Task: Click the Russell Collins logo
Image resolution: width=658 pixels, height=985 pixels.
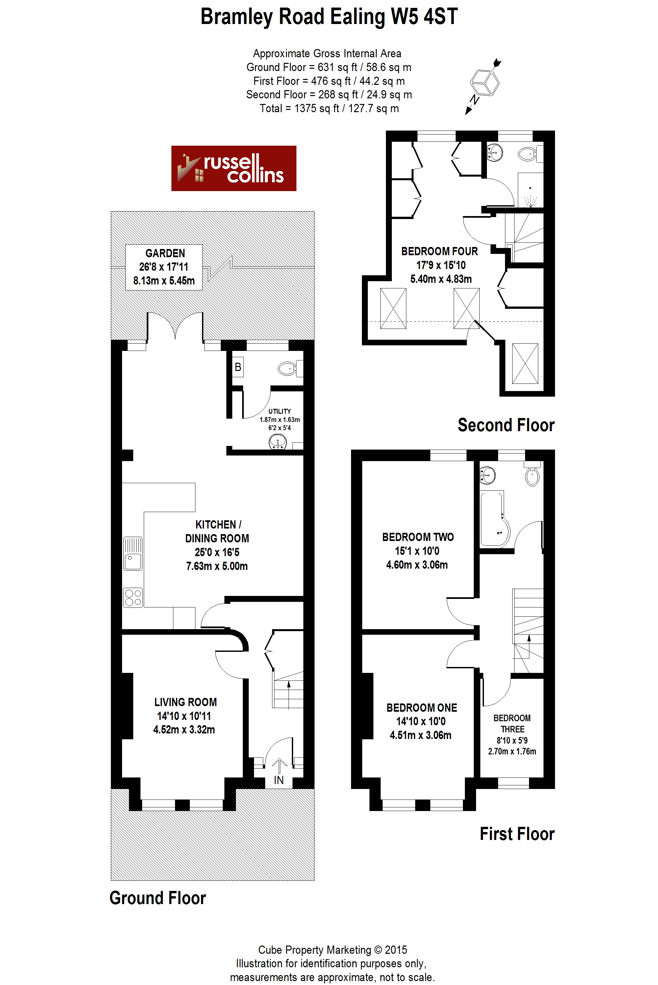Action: point(234,168)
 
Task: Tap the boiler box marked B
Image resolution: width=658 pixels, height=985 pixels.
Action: point(238,367)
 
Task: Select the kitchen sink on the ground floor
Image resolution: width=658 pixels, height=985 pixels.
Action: point(133,554)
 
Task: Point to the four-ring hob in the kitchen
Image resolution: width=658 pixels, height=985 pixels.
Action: point(133,598)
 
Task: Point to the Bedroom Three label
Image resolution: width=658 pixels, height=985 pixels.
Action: point(512,734)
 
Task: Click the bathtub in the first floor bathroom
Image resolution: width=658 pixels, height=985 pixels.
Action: point(495,519)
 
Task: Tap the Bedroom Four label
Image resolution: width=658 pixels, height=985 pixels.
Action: point(440,265)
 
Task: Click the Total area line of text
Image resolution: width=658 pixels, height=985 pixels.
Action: point(329,108)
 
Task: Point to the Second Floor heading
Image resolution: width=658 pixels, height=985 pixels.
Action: point(506,425)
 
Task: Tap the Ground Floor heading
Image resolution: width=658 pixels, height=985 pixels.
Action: point(158,898)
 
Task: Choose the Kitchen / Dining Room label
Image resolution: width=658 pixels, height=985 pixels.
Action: point(217,545)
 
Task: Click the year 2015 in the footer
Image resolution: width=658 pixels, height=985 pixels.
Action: point(396,949)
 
